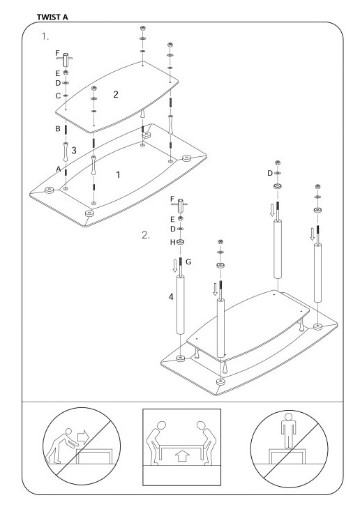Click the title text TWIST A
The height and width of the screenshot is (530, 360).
52,17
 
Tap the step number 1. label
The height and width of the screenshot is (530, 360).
45,36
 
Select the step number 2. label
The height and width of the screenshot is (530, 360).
145,235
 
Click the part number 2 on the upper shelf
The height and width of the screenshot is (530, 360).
116,94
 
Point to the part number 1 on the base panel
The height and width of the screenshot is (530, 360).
118,175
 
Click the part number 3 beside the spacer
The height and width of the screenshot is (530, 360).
74,151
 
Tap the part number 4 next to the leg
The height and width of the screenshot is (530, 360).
171,297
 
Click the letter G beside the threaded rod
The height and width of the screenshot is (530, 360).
188,262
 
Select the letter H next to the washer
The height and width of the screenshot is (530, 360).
173,243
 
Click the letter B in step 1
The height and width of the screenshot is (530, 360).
58,129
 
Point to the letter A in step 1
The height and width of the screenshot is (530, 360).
58,169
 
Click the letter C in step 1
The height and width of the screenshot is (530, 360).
58,96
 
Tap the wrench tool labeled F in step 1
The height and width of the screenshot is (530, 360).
66,59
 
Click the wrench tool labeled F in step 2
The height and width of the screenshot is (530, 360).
180,205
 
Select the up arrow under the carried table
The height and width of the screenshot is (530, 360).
182,456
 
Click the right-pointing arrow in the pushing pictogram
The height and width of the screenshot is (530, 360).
83,436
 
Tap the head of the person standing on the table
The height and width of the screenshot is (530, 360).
288,416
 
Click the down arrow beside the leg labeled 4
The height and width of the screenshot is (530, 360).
174,265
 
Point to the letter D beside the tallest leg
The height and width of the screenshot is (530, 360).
270,173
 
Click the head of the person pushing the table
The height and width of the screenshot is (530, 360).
69,432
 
